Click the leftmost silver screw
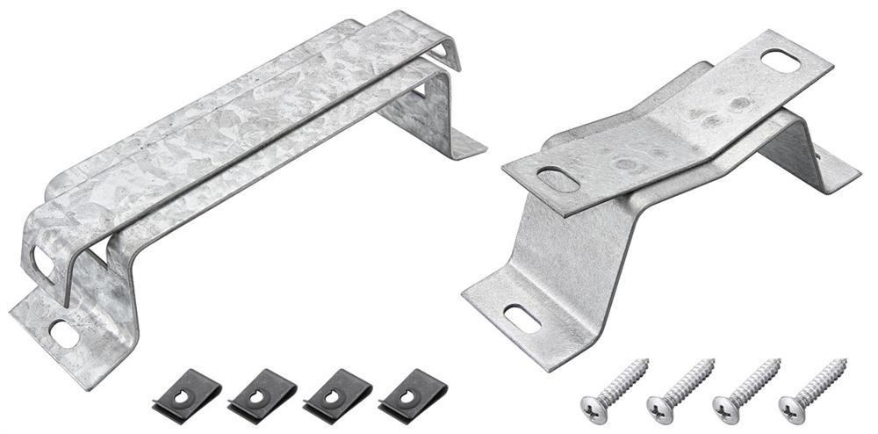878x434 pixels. [x=614, y=387]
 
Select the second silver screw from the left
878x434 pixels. [x=680, y=387]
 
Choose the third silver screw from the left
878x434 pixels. [x=746, y=387]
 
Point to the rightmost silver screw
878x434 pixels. [x=812, y=387]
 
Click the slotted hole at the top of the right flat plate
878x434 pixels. [x=779, y=61]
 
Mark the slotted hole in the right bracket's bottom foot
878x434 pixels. [x=521, y=320]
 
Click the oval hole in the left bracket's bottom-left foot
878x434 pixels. [x=63, y=333]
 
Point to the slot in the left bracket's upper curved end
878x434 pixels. [x=42, y=260]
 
